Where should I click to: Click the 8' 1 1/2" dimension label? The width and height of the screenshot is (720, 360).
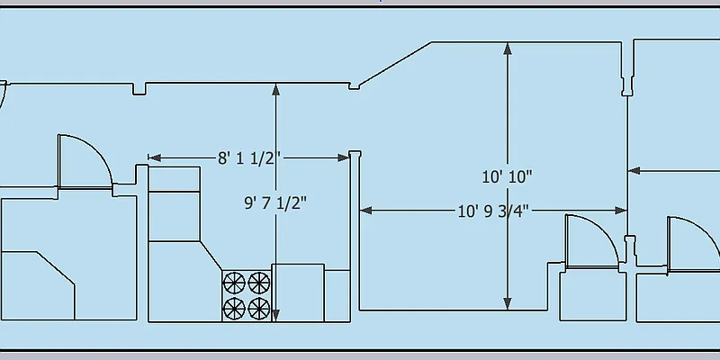point(249,158)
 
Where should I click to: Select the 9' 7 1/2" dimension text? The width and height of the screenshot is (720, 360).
point(275,202)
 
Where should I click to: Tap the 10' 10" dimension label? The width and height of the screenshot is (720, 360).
point(507,176)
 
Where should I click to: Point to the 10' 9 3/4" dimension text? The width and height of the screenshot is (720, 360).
point(493,211)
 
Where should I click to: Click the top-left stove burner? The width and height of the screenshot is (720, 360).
point(234,283)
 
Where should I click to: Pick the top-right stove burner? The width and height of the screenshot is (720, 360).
point(259,283)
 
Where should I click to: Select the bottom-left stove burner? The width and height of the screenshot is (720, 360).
point(234,308)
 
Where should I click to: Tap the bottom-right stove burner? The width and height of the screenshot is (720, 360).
point(259,308)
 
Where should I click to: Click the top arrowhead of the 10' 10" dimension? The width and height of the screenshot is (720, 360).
point(508,49)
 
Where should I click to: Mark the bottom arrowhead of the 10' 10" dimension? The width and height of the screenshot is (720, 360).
point(508,303)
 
